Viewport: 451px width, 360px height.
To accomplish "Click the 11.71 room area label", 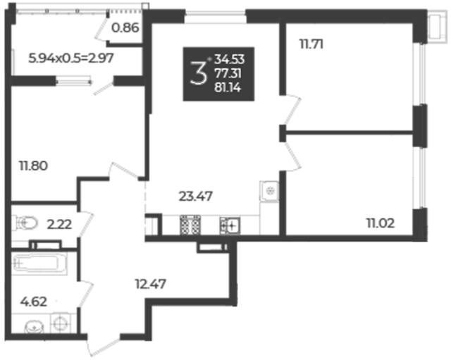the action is point(311,44).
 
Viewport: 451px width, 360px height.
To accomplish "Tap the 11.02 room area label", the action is point(381,223).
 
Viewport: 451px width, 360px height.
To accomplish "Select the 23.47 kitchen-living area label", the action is point(196,197).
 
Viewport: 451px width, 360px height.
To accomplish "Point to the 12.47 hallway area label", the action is point(150,284).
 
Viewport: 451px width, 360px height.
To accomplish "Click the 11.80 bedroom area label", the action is point(33,166).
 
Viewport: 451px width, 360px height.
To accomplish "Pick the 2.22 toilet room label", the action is point(59,225).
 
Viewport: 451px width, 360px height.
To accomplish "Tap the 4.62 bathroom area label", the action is point(34,302).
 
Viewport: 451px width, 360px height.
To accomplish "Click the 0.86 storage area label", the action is point(125,28).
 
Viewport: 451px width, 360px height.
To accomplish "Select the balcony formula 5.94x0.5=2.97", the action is point(71,58).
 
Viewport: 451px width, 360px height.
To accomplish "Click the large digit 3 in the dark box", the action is point(199,73).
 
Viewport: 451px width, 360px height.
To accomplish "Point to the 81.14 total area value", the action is point(228,87).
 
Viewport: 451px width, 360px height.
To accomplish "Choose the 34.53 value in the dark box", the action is point(229,59).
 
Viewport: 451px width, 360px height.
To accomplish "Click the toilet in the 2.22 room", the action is point(27,223).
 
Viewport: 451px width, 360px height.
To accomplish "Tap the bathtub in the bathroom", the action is point(39,263).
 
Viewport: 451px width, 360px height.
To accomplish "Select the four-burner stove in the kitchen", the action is point(190,225).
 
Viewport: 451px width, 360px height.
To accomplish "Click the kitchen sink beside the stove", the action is point(230,225).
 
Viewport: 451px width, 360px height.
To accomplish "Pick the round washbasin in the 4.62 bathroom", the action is point(35,327).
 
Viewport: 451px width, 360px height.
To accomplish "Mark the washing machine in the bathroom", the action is point(60,323).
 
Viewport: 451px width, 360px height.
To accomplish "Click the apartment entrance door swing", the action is point(104,346).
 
